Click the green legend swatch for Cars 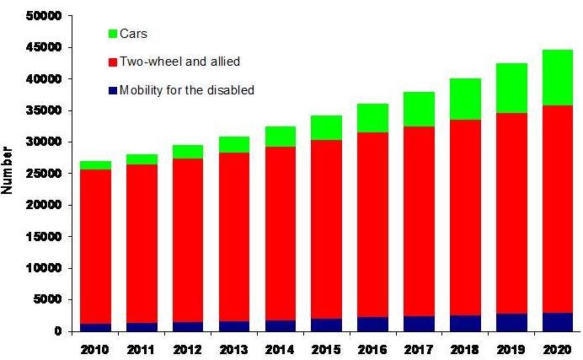113,34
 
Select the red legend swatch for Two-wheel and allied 113,62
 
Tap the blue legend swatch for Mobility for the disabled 113,90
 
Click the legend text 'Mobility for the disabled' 187,90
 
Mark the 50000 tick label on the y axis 44,16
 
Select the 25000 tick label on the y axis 44,174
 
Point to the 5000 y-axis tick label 47,299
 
